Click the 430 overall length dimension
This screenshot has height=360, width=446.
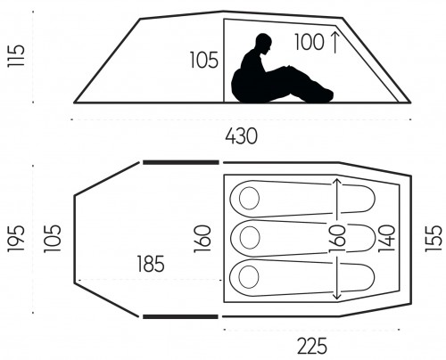(241, 136)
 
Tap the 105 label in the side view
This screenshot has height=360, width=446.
(204, 61)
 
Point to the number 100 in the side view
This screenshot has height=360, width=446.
(310, 42)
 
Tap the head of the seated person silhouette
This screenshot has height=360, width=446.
(264, 43)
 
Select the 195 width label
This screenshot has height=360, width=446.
(15, 239)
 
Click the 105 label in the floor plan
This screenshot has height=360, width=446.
(53, 239)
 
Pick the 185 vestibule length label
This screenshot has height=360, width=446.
(151, 264)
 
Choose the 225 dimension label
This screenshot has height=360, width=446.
(312, 346)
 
